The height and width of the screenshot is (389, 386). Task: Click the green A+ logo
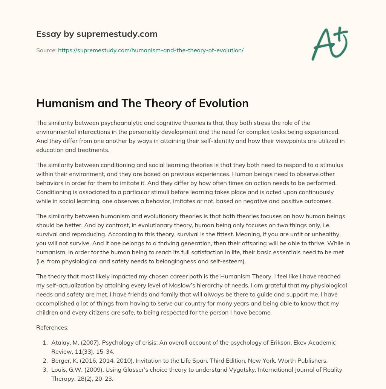click(x=329, y=44)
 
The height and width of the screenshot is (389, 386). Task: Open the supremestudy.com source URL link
click(x=151, y=50)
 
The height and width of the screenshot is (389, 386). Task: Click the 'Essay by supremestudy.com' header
click(x=97, y=34)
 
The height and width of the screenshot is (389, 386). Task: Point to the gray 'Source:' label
click(x=46, y=50)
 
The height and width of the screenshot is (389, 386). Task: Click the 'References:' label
click(x=52, y=327)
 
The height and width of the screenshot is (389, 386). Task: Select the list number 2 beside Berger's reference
click(x=45, y=360)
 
